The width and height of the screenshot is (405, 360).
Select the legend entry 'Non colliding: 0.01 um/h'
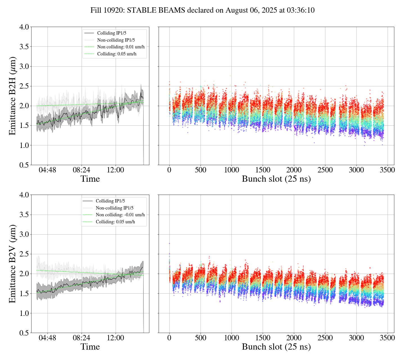point(121,47)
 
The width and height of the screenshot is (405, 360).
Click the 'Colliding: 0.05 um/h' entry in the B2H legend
point(117,54)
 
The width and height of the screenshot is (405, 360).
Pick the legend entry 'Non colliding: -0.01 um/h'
point(120,215)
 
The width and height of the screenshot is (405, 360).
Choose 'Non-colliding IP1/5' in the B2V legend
point(114,208)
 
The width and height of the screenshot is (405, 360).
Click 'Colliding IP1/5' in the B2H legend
point(112,33)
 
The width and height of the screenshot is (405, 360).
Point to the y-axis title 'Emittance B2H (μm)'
point(12,96)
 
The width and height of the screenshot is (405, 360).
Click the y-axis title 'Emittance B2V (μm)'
point(12,264)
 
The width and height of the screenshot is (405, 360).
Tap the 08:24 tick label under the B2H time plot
point(82,170)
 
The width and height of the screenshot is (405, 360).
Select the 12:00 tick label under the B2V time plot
point(116,338)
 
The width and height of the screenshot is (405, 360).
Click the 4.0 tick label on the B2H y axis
point(24,27)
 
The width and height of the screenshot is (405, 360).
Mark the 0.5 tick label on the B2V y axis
point(24,333)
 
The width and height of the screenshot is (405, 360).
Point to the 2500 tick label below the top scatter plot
point(325,170)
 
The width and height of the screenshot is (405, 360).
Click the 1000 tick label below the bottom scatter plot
point(231,338)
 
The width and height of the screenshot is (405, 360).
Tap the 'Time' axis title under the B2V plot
point(90,347)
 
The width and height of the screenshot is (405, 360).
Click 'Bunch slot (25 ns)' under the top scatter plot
point(276,179)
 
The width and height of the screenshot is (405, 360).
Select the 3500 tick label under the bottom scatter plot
point(387,338)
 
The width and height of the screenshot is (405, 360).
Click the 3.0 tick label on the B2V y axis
point(24,235)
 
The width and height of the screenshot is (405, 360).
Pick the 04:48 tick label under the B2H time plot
point(48,170)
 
